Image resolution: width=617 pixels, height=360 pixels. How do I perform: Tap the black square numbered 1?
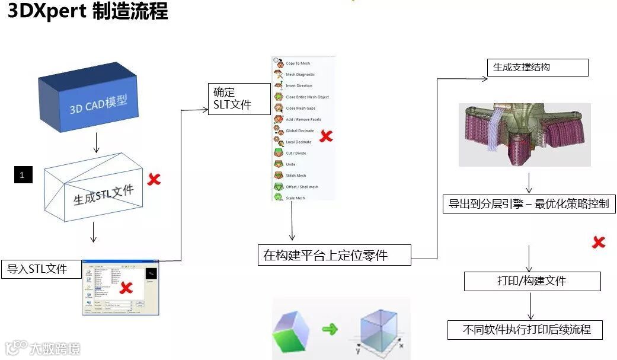click(x=23, y=175)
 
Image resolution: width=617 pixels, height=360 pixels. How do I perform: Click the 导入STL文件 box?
click(x=41, y=269)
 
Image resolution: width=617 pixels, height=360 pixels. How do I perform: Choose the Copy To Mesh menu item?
click(x=298, y=63)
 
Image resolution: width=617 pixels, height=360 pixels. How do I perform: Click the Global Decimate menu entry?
click(x=299, y=130)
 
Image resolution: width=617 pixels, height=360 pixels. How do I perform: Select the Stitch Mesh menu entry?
click(x=296, y=176)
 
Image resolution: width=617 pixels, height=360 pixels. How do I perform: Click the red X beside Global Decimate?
click(x=326, y=136)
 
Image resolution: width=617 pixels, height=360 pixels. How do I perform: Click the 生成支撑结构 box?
click(x=537, y=68)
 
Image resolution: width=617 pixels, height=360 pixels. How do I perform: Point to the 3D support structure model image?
click(x=524, y=135)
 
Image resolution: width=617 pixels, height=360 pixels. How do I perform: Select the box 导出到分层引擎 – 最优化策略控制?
click(x=529, y=204)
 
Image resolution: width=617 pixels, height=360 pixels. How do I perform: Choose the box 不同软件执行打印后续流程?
click(x=526, y=329)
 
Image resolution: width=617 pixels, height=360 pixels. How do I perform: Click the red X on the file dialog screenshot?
click(x=126, y=288)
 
